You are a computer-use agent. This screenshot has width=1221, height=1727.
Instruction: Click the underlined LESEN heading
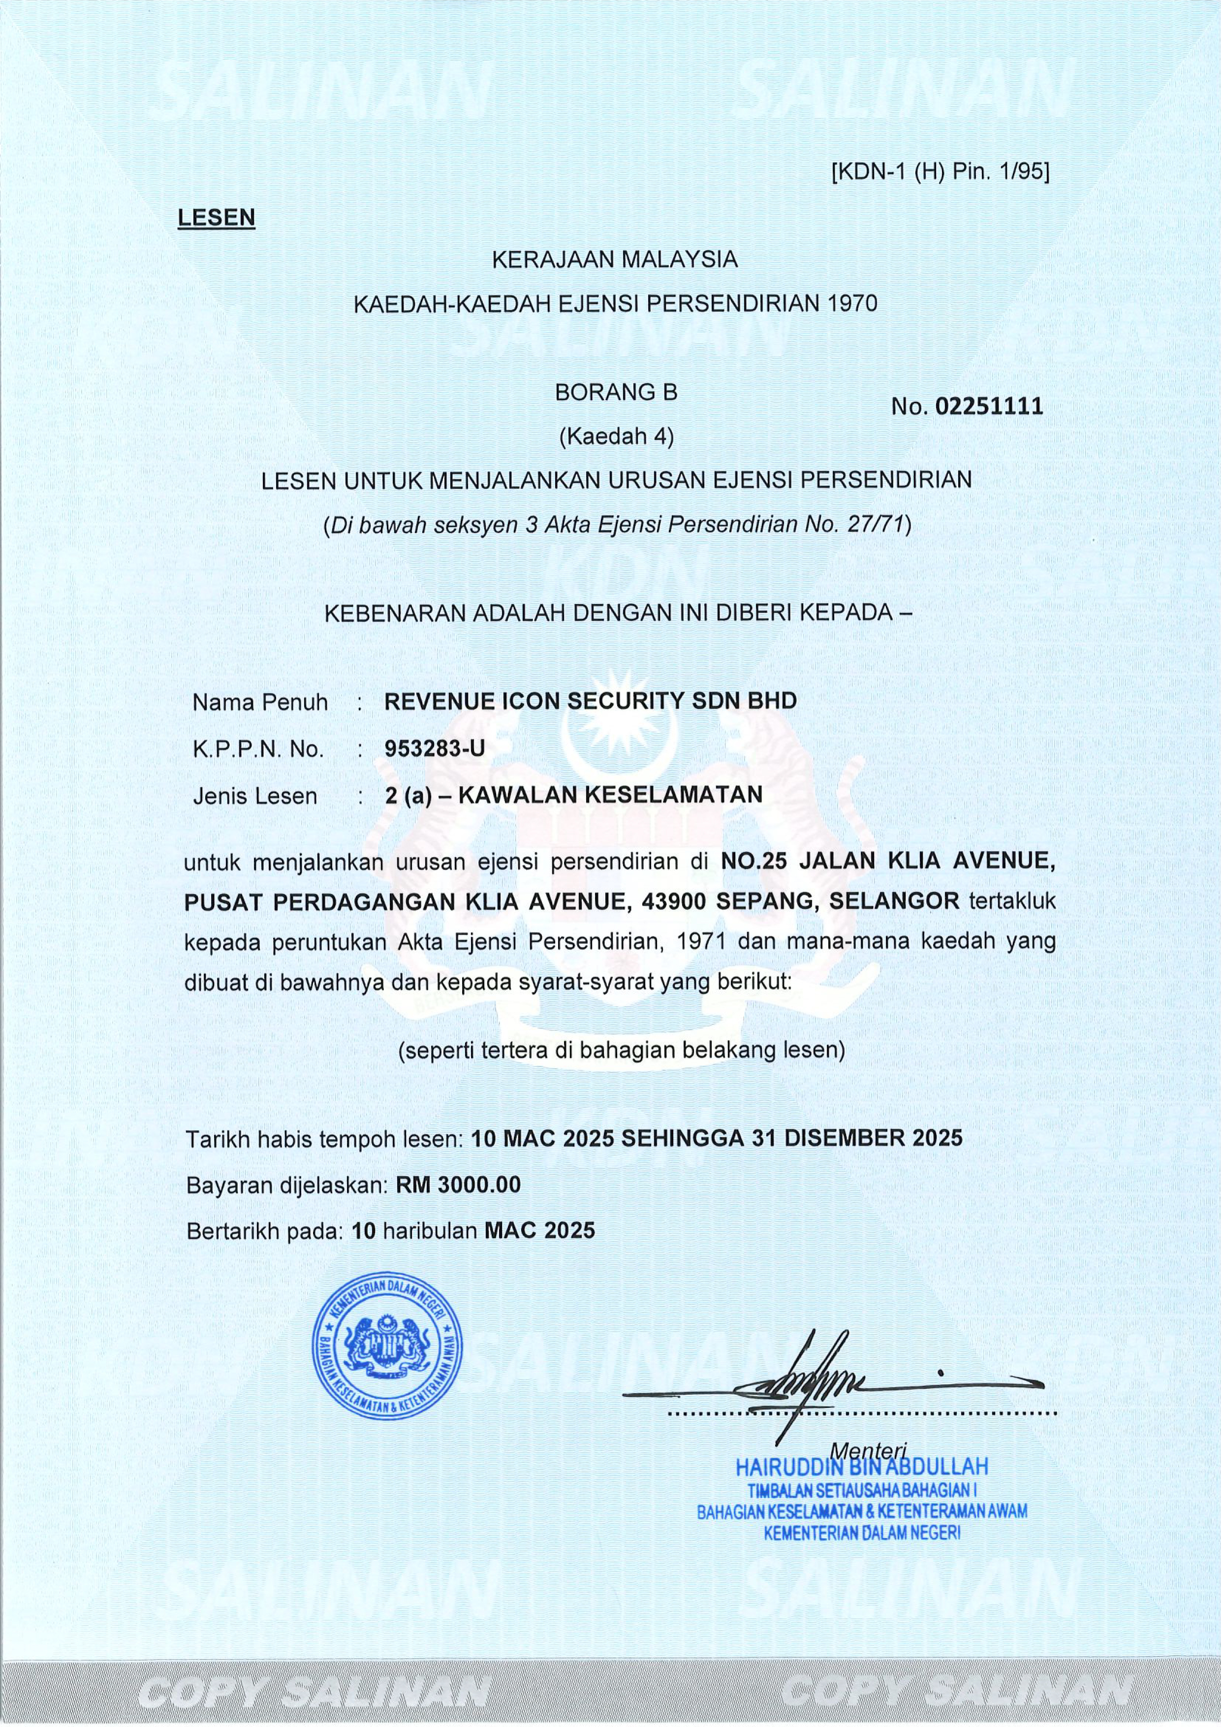[216, 218]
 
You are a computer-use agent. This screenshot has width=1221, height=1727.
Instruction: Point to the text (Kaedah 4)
[616, 436]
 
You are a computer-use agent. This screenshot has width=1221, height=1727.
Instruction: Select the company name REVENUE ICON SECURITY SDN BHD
[590, 701]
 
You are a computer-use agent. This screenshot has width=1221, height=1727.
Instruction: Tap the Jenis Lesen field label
[255, 796]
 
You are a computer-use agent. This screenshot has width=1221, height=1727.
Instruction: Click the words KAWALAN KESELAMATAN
[610, 794]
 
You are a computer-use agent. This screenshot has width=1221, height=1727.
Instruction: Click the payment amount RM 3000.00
[458, 1185]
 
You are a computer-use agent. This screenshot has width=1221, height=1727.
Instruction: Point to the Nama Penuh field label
[260, 703]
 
